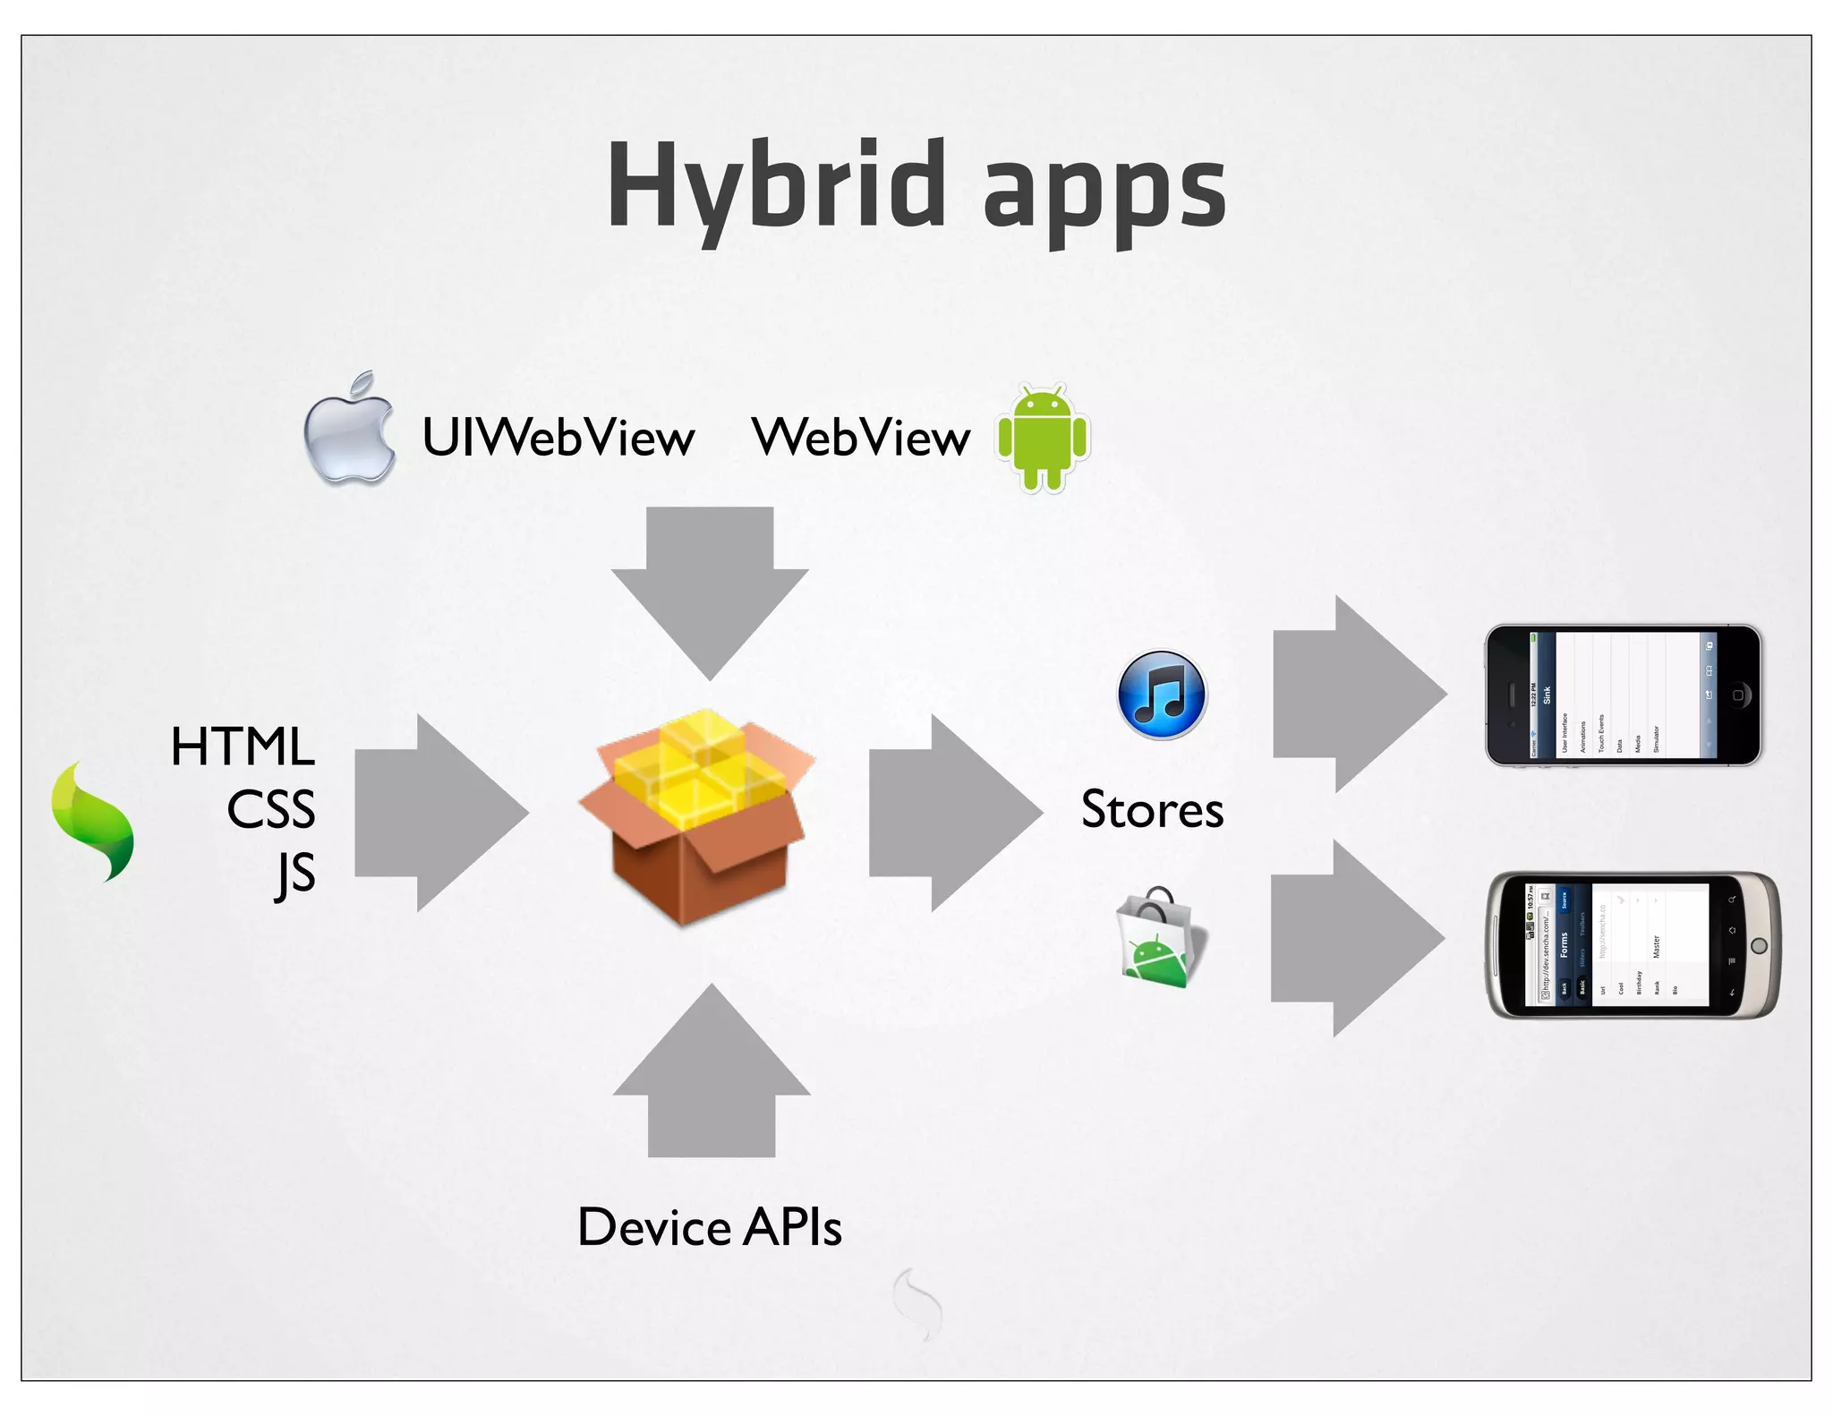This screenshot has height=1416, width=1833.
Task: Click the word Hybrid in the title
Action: point(776,186)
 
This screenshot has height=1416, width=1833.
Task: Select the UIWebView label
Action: point(558,438)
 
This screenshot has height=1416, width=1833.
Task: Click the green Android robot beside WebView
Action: point(1043,438)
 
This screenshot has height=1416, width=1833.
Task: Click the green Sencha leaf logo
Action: point(93,822)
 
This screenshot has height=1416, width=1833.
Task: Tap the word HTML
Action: point(243,746)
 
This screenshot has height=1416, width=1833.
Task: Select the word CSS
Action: point(270,809)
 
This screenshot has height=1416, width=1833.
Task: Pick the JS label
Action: point(295,873)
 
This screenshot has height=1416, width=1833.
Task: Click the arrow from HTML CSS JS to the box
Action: point(439,813)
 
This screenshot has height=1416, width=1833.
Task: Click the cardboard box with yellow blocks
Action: point(697,815)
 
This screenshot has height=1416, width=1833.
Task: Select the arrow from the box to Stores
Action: point(952,813)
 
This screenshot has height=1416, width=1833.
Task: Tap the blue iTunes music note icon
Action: point(1162,695)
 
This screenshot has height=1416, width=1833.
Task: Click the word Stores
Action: point(1152,809)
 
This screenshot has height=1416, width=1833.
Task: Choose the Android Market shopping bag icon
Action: point(1160,938)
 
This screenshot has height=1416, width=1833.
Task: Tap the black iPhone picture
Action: point(1623,695)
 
